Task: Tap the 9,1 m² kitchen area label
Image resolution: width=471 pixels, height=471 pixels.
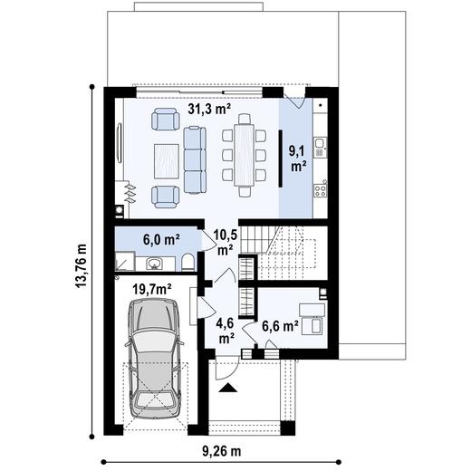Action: (295, 159)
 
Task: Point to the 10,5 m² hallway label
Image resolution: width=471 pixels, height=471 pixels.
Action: (225, 240)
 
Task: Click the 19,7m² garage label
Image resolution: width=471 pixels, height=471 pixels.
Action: (151, 289)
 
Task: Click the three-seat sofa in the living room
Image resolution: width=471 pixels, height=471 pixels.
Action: (195, 155)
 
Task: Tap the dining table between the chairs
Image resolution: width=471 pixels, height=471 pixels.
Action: (245, 154)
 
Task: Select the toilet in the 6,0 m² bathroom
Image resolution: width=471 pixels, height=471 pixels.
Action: (187, 263)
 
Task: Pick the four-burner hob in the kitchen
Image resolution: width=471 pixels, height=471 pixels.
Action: (320, 189)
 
